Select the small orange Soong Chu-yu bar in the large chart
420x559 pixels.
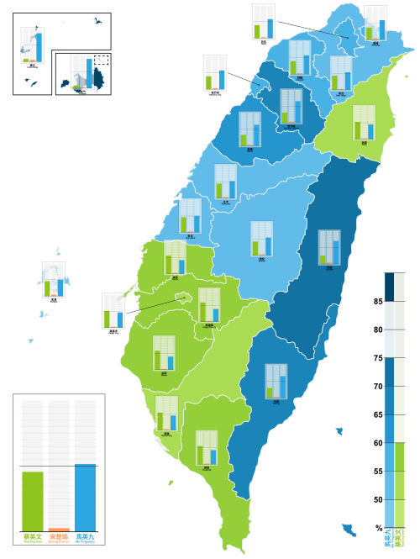59,529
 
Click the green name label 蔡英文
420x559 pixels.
33,536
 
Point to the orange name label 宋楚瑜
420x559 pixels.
59,536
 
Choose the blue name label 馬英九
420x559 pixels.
85,536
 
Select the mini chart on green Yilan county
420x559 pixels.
364,123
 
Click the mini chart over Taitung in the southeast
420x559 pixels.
276,381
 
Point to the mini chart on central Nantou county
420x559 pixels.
261,239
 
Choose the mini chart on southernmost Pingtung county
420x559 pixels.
207,448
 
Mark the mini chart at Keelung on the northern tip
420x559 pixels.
375,23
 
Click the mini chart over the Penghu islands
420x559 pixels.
54,279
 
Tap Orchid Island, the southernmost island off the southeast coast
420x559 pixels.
349,530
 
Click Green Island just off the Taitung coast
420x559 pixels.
339,431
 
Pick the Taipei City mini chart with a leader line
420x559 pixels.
263,21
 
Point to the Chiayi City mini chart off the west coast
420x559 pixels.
113,310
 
